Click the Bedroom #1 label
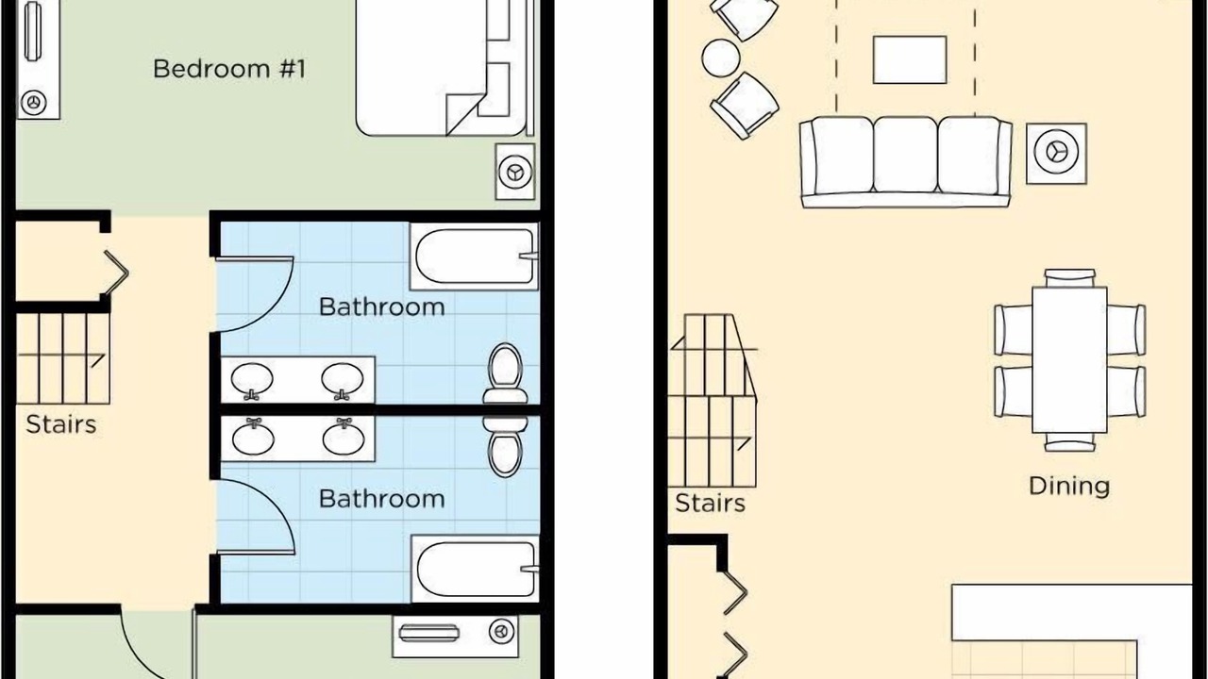[x=229, y=69]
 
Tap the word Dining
[x=1069, y=486]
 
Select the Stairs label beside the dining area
[x=710, y=504]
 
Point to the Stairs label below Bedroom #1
[x=61, y=424]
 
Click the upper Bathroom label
[x=382, y=307]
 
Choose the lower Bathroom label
[x=382, y=499]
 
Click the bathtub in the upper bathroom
[x=474, y=257]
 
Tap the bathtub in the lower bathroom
[x=475, y=569]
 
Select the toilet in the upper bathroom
[x=505, y=373]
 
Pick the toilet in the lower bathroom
[x=505, y=446]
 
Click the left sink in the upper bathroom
[x=252, y=380]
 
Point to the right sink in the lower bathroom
[x=343, y=437]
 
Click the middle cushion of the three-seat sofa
[x=905, y=156]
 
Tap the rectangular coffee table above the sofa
[x=910, y=59]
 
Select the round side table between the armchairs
[x=721, y=58]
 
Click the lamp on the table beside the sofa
[x=1056, y=152]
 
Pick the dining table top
[x=1069, y=360]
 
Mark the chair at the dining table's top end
[x=1070, y=278]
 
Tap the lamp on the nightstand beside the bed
[x=515, y=173]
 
